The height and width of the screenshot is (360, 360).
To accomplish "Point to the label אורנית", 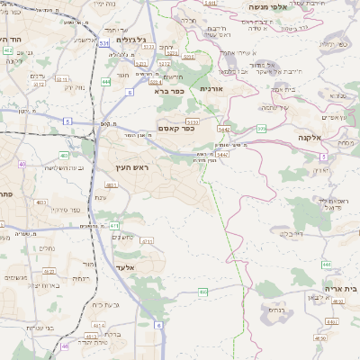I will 210,89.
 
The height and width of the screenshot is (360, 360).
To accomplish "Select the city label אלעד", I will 123,267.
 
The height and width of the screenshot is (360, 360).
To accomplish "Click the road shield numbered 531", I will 104,41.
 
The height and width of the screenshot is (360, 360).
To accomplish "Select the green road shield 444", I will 106,82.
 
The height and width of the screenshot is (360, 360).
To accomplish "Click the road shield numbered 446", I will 327,264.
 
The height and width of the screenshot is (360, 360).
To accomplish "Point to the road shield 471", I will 114,226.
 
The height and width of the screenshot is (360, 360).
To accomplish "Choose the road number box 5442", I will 222,129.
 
